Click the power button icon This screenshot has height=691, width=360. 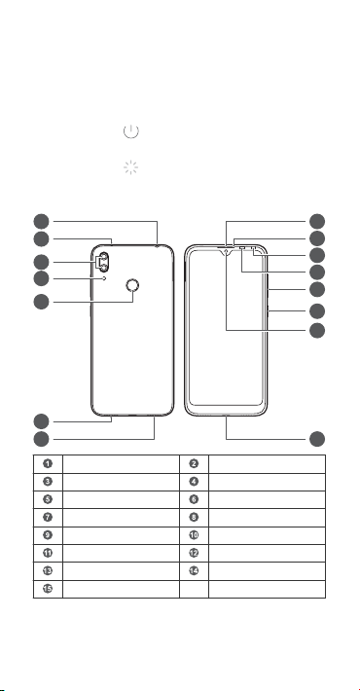[x=131, y=131]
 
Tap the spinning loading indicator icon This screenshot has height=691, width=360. [x=131, y=167]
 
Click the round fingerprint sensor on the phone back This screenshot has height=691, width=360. [x=131, y=286]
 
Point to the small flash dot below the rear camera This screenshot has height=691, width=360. [x=104, y=278]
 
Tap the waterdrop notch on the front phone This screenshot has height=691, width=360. [x=226, y=252]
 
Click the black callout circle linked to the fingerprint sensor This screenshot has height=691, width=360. [x=41, y=302]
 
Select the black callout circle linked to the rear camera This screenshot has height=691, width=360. [x=41, y=262]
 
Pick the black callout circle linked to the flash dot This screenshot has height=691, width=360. [x=41, y=278]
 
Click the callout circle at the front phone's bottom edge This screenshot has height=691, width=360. [x=317, y=439]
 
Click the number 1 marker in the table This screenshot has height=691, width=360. [x=48, y=463]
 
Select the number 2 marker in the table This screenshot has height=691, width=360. [x=194, y=463]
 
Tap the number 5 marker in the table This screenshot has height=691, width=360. [x=48, y=499]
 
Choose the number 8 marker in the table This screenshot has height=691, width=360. [x=194, y=517]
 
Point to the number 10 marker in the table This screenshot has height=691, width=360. [x=194, y=535]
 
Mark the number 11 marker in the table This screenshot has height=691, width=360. [x=48, y=553]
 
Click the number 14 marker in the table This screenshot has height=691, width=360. [x=194, y=570]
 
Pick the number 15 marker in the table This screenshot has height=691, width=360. [x=48, y=588]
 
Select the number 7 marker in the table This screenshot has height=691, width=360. [x=48, y=517]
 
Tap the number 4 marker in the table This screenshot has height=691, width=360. [x=194, y=481]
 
